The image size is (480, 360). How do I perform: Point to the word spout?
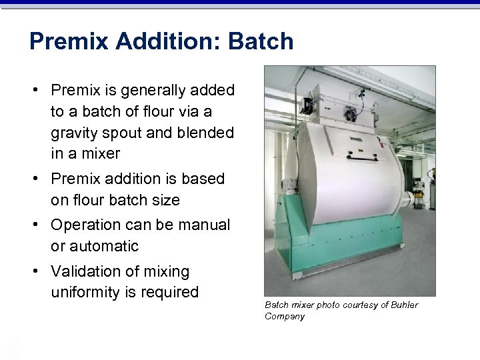(123, 133)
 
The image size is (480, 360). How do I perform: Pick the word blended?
(204, 133)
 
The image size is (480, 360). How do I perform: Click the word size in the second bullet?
(165, 199)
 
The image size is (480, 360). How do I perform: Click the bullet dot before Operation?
(41, 225)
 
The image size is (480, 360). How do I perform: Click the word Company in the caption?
(285, 316)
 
